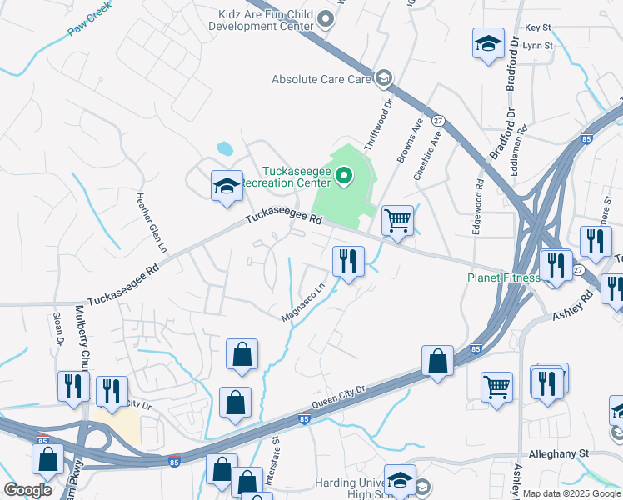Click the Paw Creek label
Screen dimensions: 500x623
tap(89, 27)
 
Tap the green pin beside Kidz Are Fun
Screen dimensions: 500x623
tap(326, 18)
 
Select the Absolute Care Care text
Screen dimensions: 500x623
tap(321, 80)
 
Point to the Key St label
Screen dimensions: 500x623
tap(538, 27)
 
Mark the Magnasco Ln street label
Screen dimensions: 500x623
tap(303, 303)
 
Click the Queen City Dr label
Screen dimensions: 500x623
tap(339, 397)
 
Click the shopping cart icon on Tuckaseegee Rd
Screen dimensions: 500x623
tap(397, 221)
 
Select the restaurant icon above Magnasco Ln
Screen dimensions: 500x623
tap(347, 261)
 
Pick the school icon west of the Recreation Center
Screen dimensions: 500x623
tap(226, 186)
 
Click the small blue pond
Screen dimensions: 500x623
tap(225, 149)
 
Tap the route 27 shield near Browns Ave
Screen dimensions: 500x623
tap(438, 121)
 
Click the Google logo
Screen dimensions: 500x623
tap(28, 489)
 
